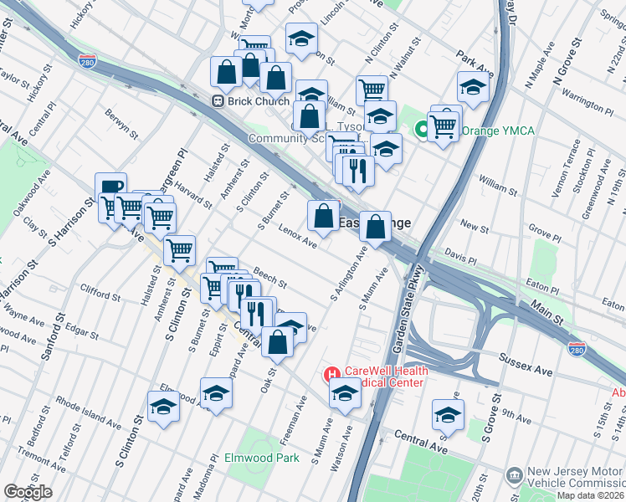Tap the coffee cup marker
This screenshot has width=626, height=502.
(x=110, y=187)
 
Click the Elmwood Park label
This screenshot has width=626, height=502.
(x=261, y=458)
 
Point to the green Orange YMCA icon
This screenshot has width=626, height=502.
(x=423, y=130)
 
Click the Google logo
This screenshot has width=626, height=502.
(x=28, y=492)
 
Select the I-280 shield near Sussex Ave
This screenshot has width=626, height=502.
(x=577, y=346)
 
